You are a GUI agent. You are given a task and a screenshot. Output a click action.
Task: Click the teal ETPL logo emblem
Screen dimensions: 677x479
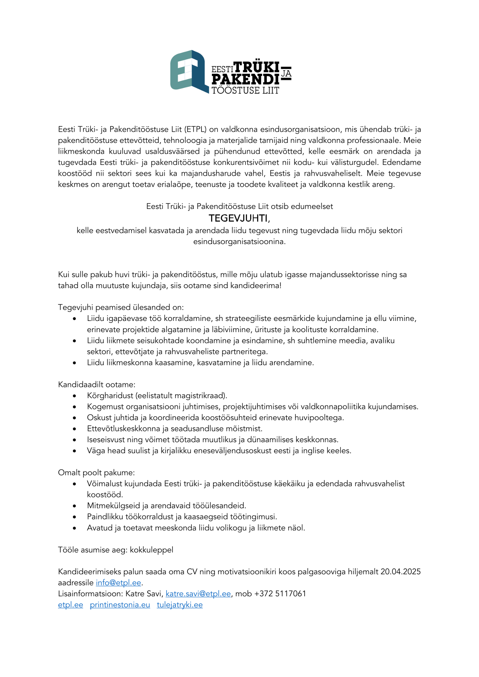pos(189,71)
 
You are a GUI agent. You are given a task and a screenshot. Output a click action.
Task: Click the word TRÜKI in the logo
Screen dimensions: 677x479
pos(256,67)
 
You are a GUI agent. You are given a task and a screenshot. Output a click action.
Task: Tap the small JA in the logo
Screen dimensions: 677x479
pos(286,73)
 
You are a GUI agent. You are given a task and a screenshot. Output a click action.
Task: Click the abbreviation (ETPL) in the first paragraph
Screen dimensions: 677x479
pos(196,129)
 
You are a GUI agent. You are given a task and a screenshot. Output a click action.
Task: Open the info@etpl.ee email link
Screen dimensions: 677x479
pos(118,582)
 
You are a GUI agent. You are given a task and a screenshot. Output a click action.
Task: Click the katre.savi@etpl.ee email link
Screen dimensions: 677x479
pos(198,594)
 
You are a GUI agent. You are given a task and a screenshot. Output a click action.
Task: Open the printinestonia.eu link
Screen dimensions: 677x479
pos(120,605)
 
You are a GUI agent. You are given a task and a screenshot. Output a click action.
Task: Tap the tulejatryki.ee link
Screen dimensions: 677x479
pos(179,605)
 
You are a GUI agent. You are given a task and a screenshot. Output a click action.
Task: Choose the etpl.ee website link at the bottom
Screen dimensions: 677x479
pos(70,605)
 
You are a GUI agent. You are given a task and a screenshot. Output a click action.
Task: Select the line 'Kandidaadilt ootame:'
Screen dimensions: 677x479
pos(97,385)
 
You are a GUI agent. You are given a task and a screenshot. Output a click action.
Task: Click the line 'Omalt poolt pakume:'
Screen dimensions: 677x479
pos(96,473)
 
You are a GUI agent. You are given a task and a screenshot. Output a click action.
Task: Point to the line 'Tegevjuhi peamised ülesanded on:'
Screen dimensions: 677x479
pos(121,307)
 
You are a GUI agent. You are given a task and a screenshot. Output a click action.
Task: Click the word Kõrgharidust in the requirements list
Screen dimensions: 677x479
pos(110,395)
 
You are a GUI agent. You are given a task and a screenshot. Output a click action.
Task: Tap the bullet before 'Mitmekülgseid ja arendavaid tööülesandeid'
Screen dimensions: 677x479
pos(75,506)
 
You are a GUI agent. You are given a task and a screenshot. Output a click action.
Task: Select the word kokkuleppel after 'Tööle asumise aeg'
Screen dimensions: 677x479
pos(152,550)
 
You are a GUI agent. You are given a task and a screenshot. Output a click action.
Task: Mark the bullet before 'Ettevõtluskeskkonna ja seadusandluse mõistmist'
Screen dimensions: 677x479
pos(75,429)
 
